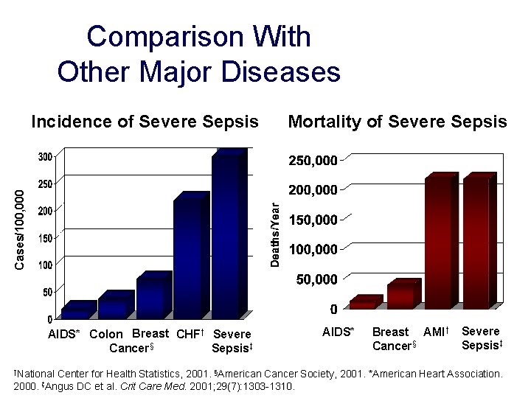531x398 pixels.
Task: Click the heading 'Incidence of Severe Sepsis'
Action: tap(145, 122)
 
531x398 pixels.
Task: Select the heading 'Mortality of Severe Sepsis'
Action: tap(398, 122)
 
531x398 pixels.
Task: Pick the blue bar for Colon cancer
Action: tap(114, 306)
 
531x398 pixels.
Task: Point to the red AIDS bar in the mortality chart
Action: tap(363, 302)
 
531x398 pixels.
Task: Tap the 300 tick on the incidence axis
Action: tap(45, 156)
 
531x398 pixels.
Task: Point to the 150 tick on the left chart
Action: tap(45, 238)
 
